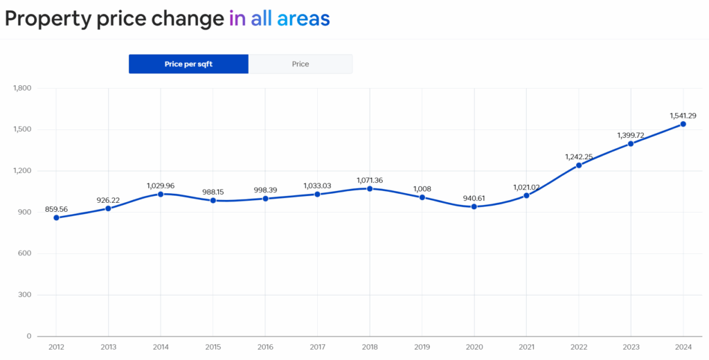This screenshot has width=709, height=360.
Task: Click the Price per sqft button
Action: (x=188, y=64)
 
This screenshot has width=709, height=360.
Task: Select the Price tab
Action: (x=300, y=64)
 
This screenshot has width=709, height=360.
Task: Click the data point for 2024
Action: (x=683, y=124)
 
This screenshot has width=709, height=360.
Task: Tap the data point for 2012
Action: (x=56, y=218)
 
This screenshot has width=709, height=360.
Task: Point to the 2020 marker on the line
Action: (x=474, y=206)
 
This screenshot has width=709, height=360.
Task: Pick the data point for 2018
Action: (x=370, y=188)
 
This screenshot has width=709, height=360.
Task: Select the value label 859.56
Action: (x=57, y=209)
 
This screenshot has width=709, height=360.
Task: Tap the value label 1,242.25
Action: (x=579, y=156)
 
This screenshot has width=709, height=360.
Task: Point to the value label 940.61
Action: (x=474, y=198)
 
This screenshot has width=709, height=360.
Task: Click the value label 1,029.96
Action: (x=161, y=186)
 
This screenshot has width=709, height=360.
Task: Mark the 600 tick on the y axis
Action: (x=25, y=253)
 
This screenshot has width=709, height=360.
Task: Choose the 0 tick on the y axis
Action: (x=28, y=336)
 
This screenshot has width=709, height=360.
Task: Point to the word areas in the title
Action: (x=303, y=19)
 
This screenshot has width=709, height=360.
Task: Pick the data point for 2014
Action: (x=161, y=194)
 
